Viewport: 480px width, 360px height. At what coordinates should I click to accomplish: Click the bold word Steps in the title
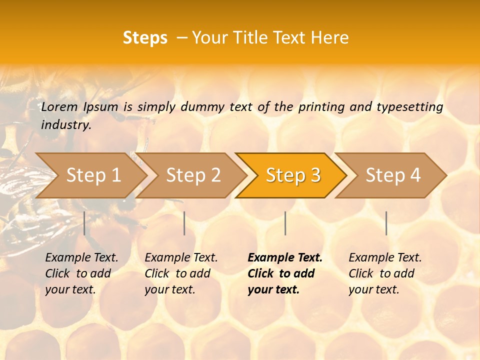pyautogui.click(x=145, y=38)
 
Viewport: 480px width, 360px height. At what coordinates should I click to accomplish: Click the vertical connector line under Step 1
pyautogui.click(x=84, y=223)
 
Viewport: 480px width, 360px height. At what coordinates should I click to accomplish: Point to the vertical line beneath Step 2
pyautogui.click(x=184, y=223)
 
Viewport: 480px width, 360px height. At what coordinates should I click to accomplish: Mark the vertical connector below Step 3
pyautogui.click(x=285, y=223)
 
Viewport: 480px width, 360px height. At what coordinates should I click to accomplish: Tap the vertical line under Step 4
pyautogui.click(x=386, y=223)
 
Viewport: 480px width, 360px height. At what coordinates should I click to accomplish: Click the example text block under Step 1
pyautogui.click(x=81, y=273)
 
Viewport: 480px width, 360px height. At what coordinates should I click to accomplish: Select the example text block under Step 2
pyautogui.click(x=181, y=273)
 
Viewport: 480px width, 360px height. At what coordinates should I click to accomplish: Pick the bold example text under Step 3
pyautogui.click(x=285, y=273)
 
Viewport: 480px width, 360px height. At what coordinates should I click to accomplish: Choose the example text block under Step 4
pyautogui.click(x=385, y=273)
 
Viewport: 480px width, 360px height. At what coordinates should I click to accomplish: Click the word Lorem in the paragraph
pyautogui.click(x=59, y=107)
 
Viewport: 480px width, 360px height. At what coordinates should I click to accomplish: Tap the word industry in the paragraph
pyautogui.click(x=66, y=125)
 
